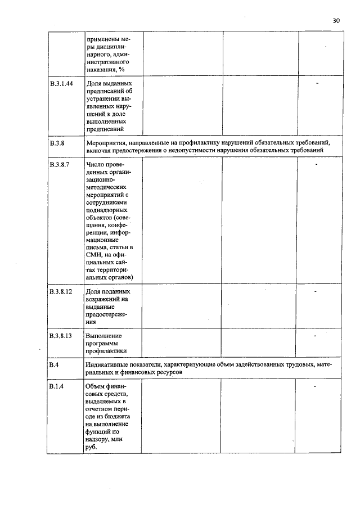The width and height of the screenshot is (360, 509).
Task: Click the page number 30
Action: [336, 20]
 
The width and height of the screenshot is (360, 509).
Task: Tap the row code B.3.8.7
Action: [61, 164]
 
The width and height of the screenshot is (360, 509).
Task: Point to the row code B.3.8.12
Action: [62, 292]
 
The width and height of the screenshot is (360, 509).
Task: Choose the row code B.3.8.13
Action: [62, 336]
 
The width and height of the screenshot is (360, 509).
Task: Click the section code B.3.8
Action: [57, 143]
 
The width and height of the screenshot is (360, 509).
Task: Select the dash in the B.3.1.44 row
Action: [318, 84]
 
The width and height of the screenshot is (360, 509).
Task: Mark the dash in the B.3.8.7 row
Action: [318, 164]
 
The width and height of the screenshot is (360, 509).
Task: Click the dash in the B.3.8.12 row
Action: [316, 292]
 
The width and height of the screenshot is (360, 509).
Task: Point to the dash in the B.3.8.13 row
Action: [316, 336]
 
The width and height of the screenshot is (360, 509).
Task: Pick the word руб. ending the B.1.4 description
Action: [92, 448]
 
